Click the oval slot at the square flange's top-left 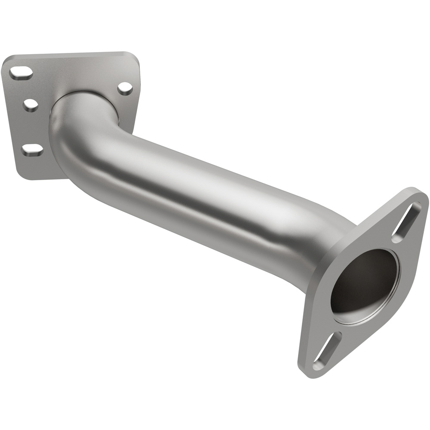pyautogui.click(x=21, y=73)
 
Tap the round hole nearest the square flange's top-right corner pyautogui.click(x=125, y=88)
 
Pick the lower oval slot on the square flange pyautogui.click(x=33, y=150)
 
